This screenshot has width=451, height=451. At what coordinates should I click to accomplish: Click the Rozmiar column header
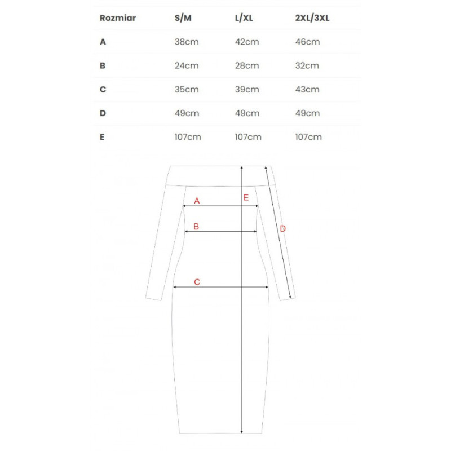pos(118,17)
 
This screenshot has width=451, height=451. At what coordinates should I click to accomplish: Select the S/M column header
pos(183,17)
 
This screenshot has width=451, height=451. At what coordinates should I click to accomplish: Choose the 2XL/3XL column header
pos(312,17)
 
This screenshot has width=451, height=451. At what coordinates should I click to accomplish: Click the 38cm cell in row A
pos(187,42)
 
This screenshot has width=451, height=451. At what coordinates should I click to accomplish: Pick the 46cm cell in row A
pos(307,42)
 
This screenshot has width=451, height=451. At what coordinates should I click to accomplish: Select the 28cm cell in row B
pos(247,65)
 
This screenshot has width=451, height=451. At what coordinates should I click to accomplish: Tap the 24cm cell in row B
pos(187,65)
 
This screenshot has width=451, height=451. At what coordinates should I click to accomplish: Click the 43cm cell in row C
pos(307,89)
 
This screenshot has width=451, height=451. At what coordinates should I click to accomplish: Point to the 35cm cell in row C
pos(187,89)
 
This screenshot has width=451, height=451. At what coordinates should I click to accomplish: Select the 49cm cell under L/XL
pos(247,113)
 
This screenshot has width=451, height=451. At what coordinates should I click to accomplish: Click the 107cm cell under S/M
pos(188,136)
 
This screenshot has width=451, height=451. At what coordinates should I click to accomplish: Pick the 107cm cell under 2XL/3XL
pos(309,136)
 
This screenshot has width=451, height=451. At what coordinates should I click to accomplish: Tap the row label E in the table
pos(102,136)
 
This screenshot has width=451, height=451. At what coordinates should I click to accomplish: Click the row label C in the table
pos(103,89)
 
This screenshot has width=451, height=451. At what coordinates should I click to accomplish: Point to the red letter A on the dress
pos(197,201)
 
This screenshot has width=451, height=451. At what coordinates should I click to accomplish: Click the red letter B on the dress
pos(196,227)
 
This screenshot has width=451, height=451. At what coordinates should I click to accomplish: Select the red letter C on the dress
pos(197,282)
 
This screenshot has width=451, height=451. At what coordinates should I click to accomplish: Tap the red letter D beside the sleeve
pos(283,228)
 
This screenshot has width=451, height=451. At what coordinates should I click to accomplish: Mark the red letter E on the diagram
pos(246,197)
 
